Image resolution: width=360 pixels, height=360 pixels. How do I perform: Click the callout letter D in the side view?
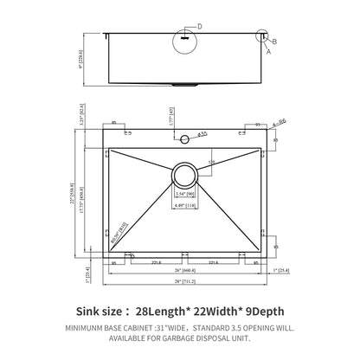(200, 27)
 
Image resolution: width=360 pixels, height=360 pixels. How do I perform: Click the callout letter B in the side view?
(275, 41)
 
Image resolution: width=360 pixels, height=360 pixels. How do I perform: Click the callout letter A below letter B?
(267, 51)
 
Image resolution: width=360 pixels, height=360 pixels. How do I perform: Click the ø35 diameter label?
(201, 134)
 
